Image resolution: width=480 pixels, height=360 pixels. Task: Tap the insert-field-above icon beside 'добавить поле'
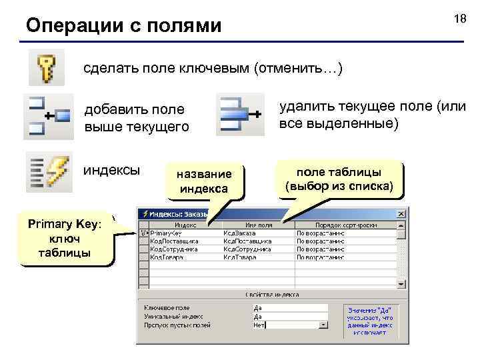pyautogui.click(x=48, y=115)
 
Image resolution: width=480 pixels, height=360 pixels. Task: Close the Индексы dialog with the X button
pyautogui.click(x=401, y=215)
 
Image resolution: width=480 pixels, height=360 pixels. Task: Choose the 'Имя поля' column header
pyautogui.click(x=257, y=225)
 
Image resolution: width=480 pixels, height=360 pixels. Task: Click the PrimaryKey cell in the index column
pyautogui.click(x=167, y=233)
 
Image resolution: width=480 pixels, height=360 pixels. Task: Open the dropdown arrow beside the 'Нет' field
pyautogui.click(x=323, y=325)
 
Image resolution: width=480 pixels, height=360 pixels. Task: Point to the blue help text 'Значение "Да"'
pyautogui.click(x=369, y=310)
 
